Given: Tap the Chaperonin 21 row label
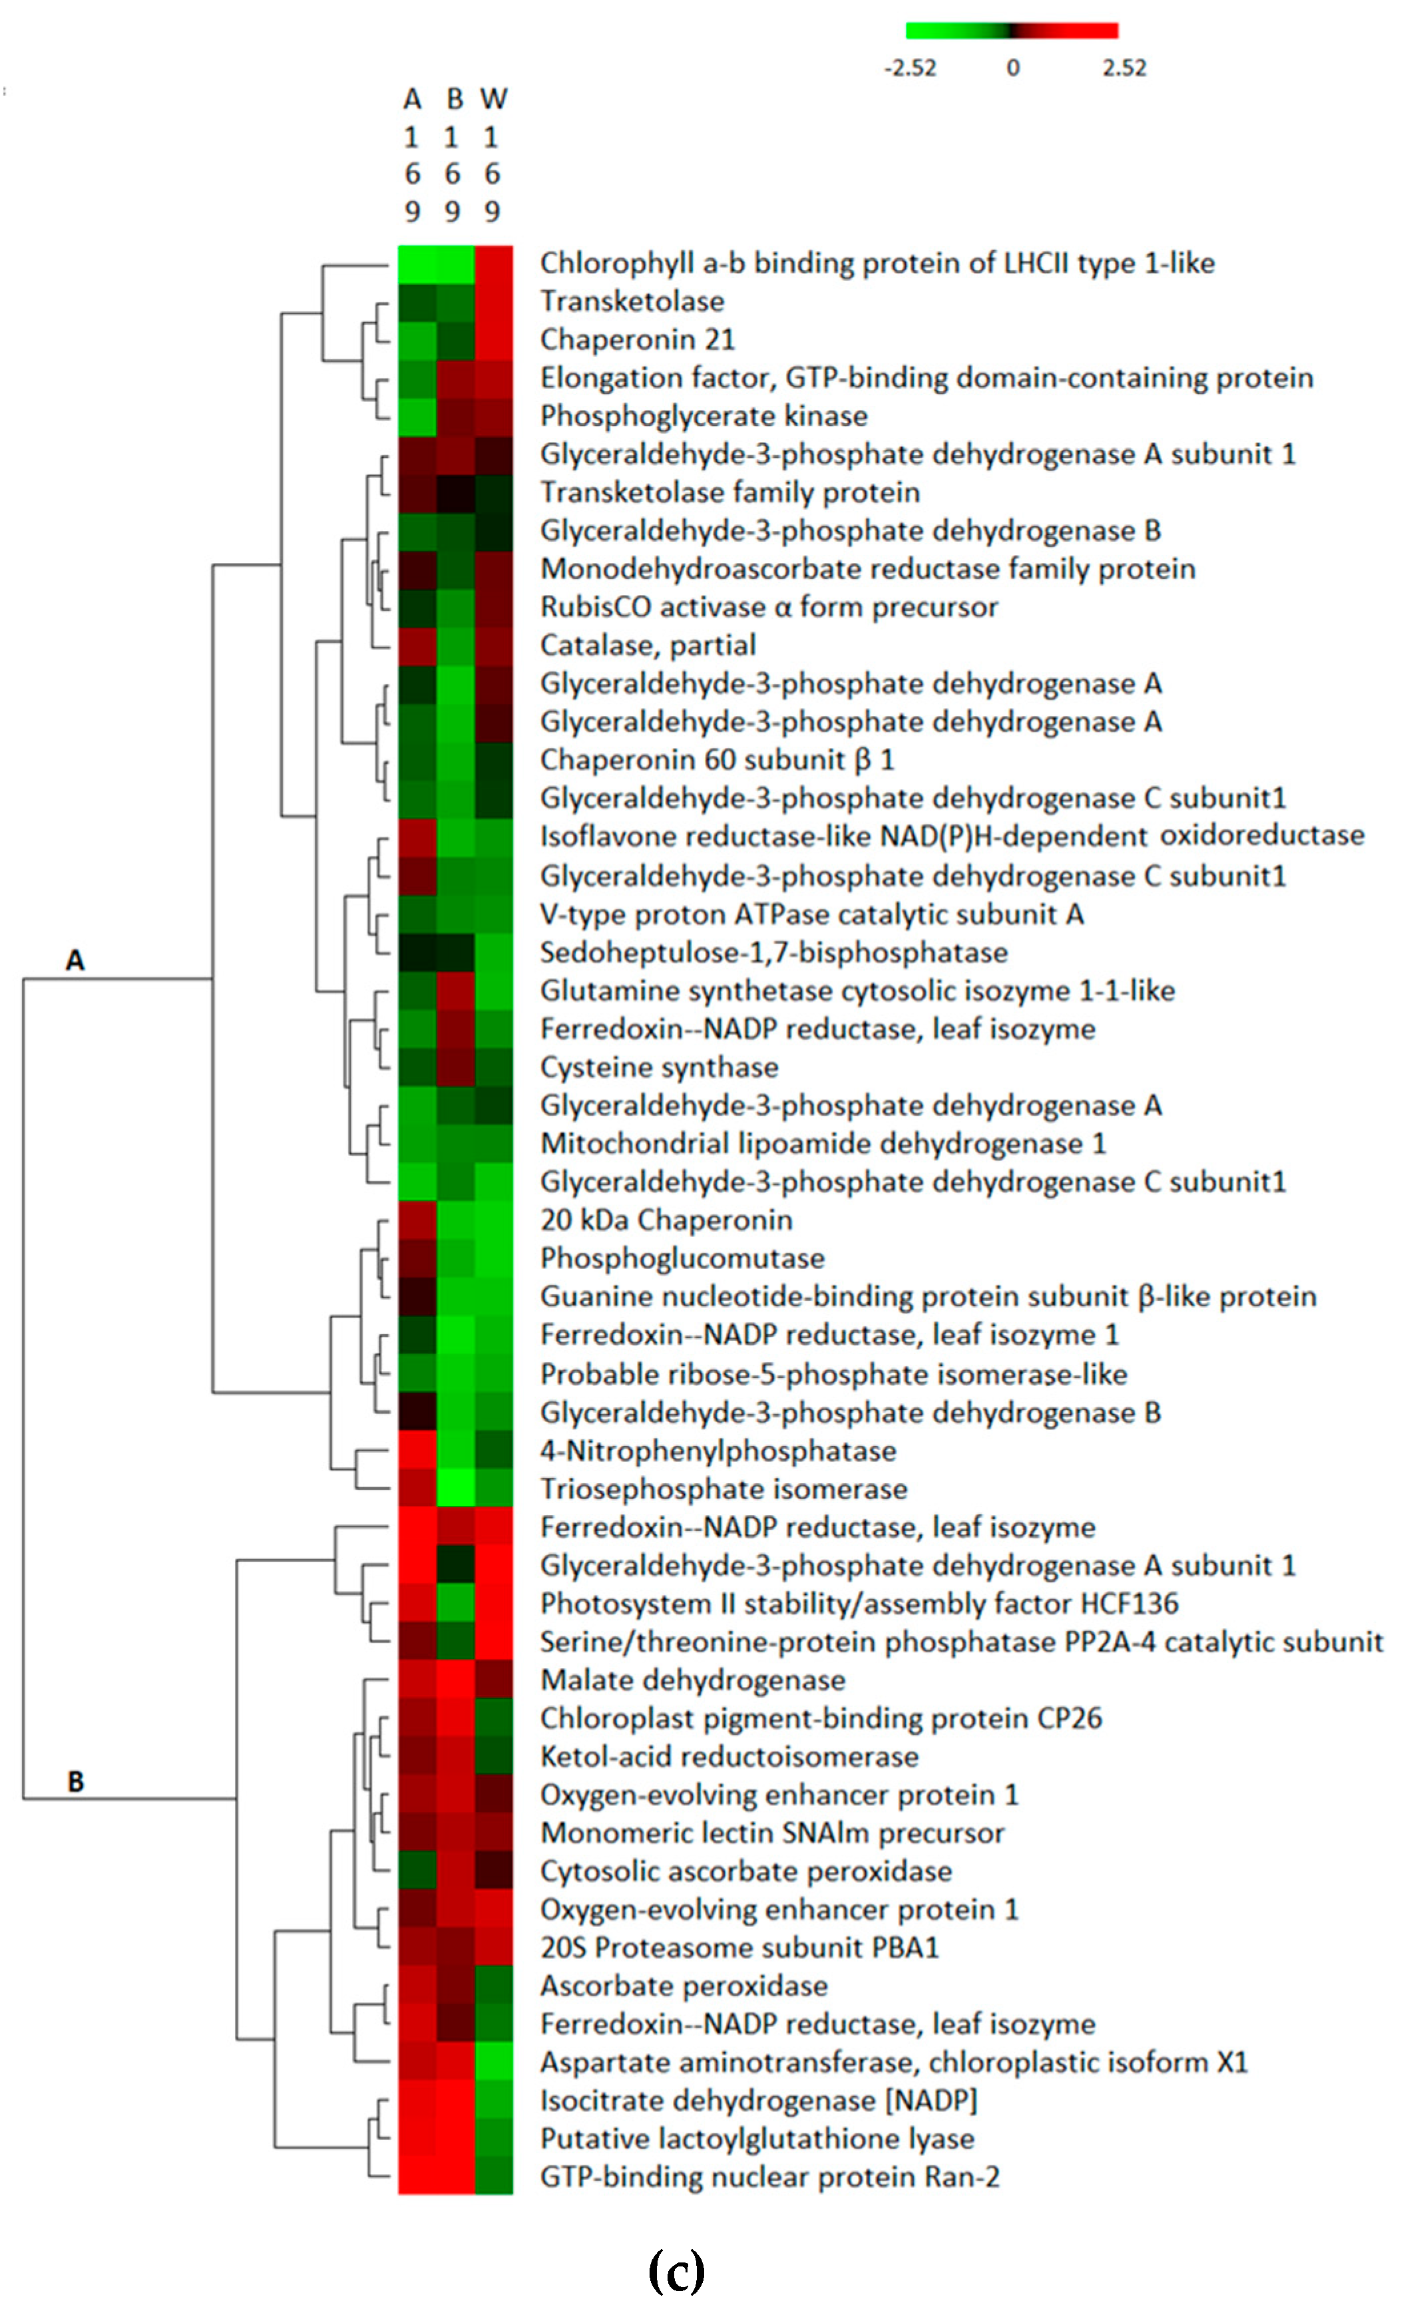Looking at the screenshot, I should (637, 339).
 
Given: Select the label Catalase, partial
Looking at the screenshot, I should (647, 645).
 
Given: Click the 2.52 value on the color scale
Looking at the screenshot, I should (1123, 68).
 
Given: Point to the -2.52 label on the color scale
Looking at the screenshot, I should (910, 68).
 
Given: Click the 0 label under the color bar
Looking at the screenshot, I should (1012, 68).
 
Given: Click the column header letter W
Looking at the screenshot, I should (493, 98).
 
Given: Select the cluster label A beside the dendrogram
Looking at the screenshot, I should (75, 960).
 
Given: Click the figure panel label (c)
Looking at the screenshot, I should (676, 2270).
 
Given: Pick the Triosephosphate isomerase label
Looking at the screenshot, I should (723, 1489).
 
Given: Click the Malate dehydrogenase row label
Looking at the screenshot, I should (692, 1680).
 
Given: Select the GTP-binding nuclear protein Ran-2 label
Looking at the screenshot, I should (769, 2176).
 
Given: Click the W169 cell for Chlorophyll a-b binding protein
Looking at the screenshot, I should (494, 264).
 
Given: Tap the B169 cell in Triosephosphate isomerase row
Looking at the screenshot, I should (455, 1488).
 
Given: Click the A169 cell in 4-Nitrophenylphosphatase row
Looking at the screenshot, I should (417, 1449).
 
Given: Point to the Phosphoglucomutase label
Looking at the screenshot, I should (682, 1258).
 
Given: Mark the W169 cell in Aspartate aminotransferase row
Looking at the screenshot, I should (494, 2061).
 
